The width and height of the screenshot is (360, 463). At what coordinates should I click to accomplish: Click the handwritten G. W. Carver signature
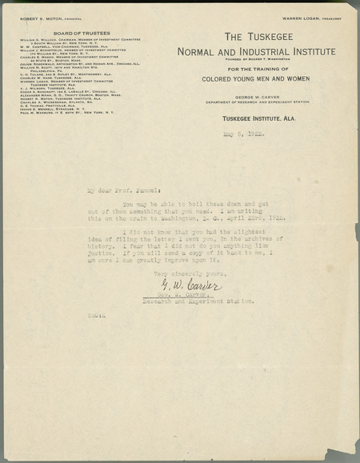(197, 285)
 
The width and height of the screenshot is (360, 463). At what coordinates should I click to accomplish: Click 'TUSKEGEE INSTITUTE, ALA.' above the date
(256, 118)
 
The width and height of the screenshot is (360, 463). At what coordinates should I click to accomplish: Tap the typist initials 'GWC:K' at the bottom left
(96, 317)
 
